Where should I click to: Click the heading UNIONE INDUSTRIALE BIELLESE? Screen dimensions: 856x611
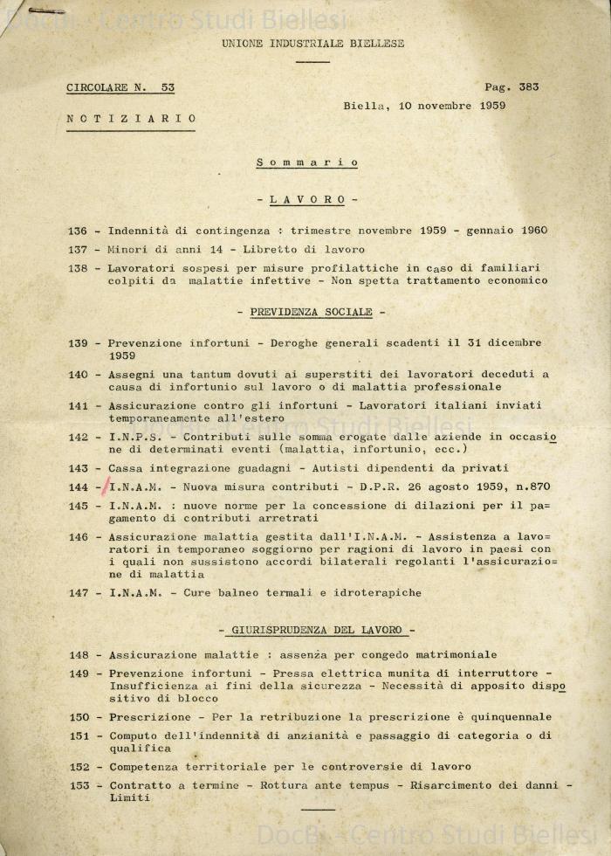click(312, 43)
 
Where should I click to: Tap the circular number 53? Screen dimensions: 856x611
click(168, 87)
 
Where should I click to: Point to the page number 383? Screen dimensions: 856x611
click(529, 87)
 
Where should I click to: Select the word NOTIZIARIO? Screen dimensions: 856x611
click(131, 119)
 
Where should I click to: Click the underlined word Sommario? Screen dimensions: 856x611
click(307, 162)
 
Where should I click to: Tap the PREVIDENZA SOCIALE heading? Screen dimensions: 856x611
click(311, 312)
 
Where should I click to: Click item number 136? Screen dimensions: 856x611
click(78, 231)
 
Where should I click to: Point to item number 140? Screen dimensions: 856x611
click(78, 374)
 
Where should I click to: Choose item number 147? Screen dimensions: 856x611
click(78, 593)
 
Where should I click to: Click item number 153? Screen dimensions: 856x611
click(78, 785)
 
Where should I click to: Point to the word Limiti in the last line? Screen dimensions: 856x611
click(129, 797)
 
